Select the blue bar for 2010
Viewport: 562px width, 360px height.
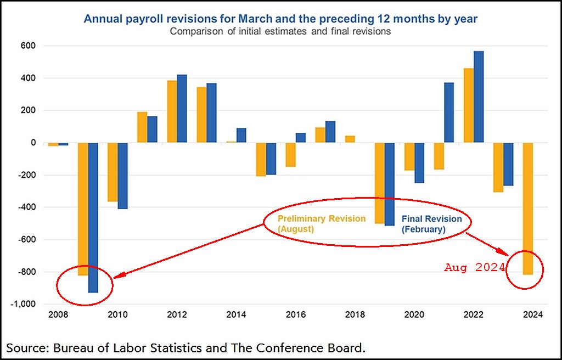122,176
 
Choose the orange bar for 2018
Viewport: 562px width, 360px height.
350,139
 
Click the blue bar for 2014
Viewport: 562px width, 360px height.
241,135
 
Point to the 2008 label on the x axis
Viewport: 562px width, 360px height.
59,315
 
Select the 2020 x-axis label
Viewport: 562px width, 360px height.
414,315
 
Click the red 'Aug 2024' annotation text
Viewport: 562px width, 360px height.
474,268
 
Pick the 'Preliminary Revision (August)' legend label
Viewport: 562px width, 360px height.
321,223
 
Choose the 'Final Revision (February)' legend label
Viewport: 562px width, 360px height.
432,223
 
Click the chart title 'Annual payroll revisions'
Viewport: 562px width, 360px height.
280,19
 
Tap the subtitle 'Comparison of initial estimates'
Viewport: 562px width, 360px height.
280,31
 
